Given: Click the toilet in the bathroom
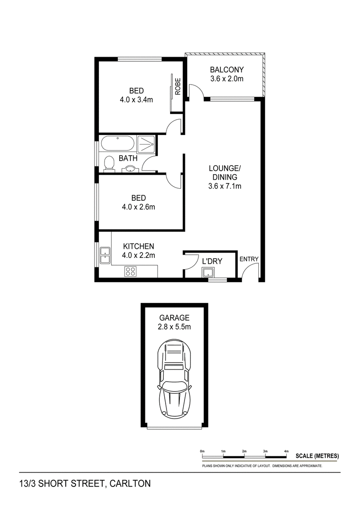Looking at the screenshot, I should [108, 164].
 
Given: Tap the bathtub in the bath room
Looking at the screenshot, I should [117, 144].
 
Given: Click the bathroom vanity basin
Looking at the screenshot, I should [130, 169].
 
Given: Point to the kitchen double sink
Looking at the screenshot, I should [105, 255].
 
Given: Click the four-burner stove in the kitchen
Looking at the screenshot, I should [130, 271].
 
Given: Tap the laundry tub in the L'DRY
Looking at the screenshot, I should [208, 272].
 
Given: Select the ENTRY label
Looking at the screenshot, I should [249, 259].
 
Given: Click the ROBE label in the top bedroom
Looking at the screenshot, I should [178, 86].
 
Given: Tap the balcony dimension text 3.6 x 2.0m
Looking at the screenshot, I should [227, 79].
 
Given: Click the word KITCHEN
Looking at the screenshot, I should [139, 247].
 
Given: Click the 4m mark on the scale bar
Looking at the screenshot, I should [286, 450].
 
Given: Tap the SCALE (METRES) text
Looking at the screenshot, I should [317, 456].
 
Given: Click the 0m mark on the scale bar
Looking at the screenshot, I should [202, 450].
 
